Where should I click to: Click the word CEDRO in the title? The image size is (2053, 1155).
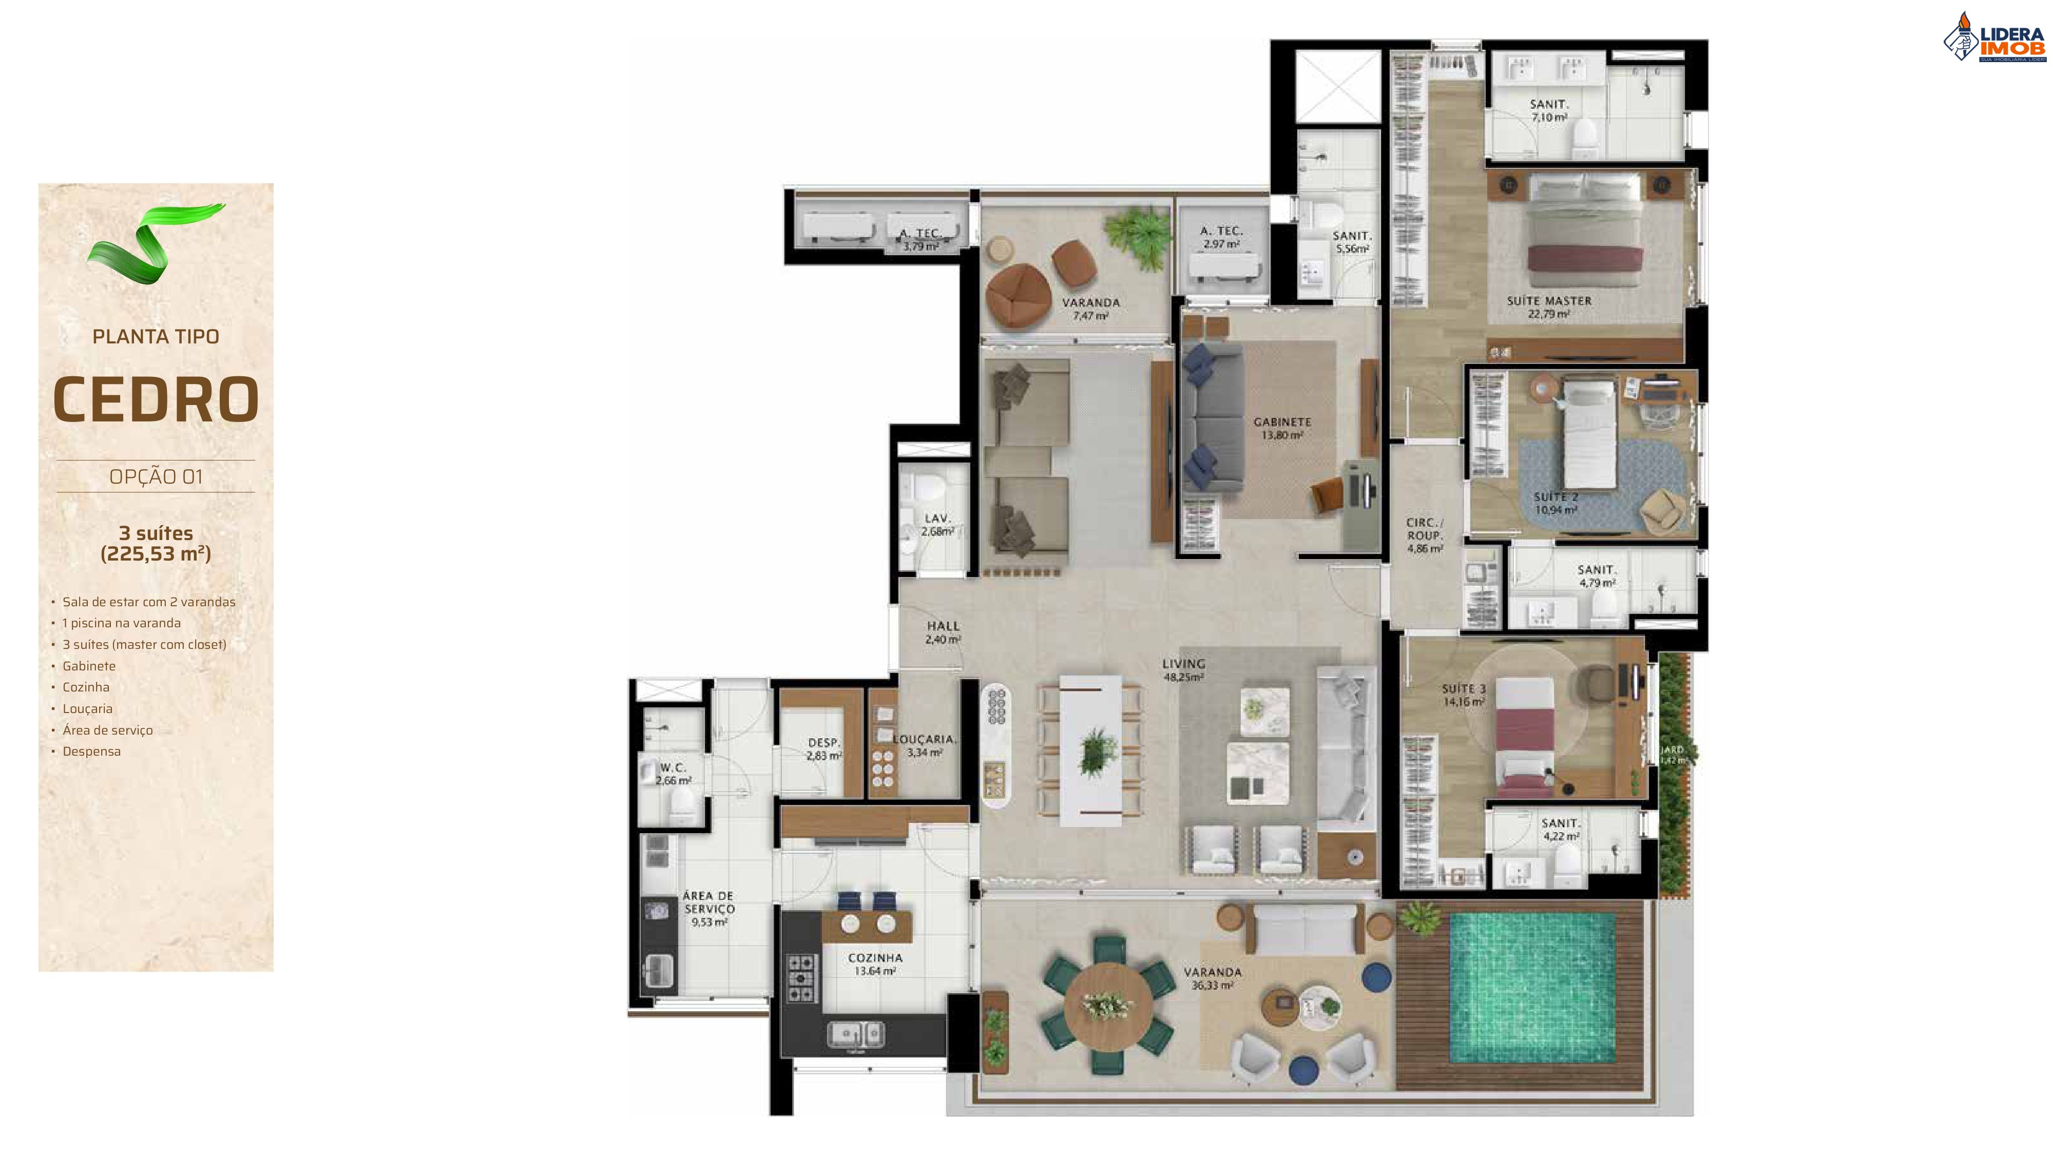[156, 399]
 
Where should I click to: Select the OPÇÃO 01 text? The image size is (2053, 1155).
[156, 477]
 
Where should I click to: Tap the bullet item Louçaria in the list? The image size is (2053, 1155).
[88, 708]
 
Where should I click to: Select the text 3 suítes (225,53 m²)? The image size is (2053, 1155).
[156, 543]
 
